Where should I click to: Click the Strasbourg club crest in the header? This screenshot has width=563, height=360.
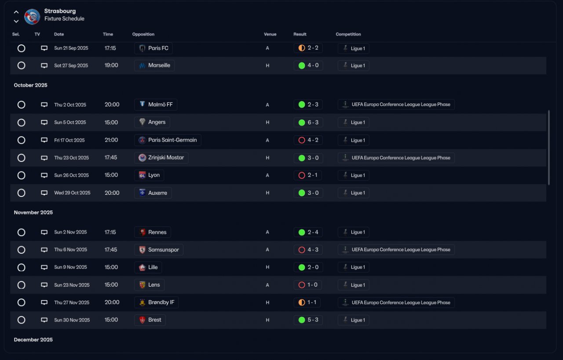[32, 17]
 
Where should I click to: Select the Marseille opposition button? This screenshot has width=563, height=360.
[154, 65]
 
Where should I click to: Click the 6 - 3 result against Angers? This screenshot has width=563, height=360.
[308, 122]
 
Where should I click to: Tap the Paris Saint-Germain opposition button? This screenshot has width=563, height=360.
[168, 140]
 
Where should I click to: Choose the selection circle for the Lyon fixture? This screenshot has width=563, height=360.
[21, 175]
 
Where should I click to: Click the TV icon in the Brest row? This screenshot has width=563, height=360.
[44, 320]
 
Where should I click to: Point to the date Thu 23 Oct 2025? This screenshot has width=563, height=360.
[71, 158]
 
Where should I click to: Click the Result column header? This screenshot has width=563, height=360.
[300, 34]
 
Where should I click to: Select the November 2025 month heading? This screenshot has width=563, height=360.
[33, 212]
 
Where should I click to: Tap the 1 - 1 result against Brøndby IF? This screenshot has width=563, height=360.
[308, 302]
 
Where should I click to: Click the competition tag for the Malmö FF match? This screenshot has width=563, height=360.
[396, 105]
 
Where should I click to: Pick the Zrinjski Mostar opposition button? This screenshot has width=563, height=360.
[161, 158]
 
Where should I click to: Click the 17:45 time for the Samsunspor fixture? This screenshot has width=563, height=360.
[111, 250]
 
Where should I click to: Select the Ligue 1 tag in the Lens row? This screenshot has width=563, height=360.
[353, 285]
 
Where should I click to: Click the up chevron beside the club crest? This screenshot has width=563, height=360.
[16, 12]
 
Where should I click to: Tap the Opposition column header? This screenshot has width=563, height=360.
[143, 34]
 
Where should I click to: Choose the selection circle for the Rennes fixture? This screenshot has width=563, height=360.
[21, 232]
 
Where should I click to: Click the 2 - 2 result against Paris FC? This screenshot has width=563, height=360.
[308, 48]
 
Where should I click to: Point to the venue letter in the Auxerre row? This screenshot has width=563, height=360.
[267, 193]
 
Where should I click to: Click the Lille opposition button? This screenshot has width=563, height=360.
[148, 267]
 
